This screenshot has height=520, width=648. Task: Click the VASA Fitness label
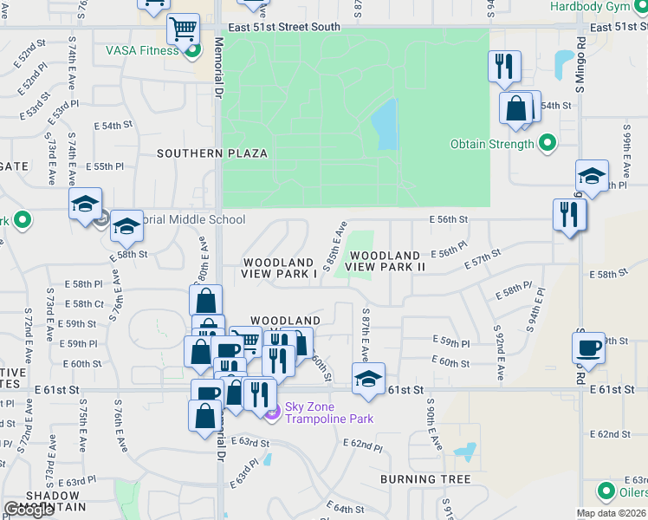click(142, 50)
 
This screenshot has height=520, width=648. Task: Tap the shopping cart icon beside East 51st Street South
click(183, 29)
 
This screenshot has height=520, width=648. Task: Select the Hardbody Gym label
click(598, 6)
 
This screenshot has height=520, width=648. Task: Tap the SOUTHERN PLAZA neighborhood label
click(211, 153)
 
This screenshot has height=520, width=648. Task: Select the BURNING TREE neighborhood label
click(425, 479)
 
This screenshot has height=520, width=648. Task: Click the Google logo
click(28, 510)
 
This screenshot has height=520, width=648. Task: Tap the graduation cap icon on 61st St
click(368, 379)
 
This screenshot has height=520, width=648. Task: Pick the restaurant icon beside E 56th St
click(569, 213)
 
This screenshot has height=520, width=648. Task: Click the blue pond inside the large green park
click(384, 124)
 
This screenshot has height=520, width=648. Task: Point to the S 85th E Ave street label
click(334, 247)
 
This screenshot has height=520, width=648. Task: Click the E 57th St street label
click(483, 258)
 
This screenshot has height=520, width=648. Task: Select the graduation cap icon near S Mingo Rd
click(592, 177)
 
